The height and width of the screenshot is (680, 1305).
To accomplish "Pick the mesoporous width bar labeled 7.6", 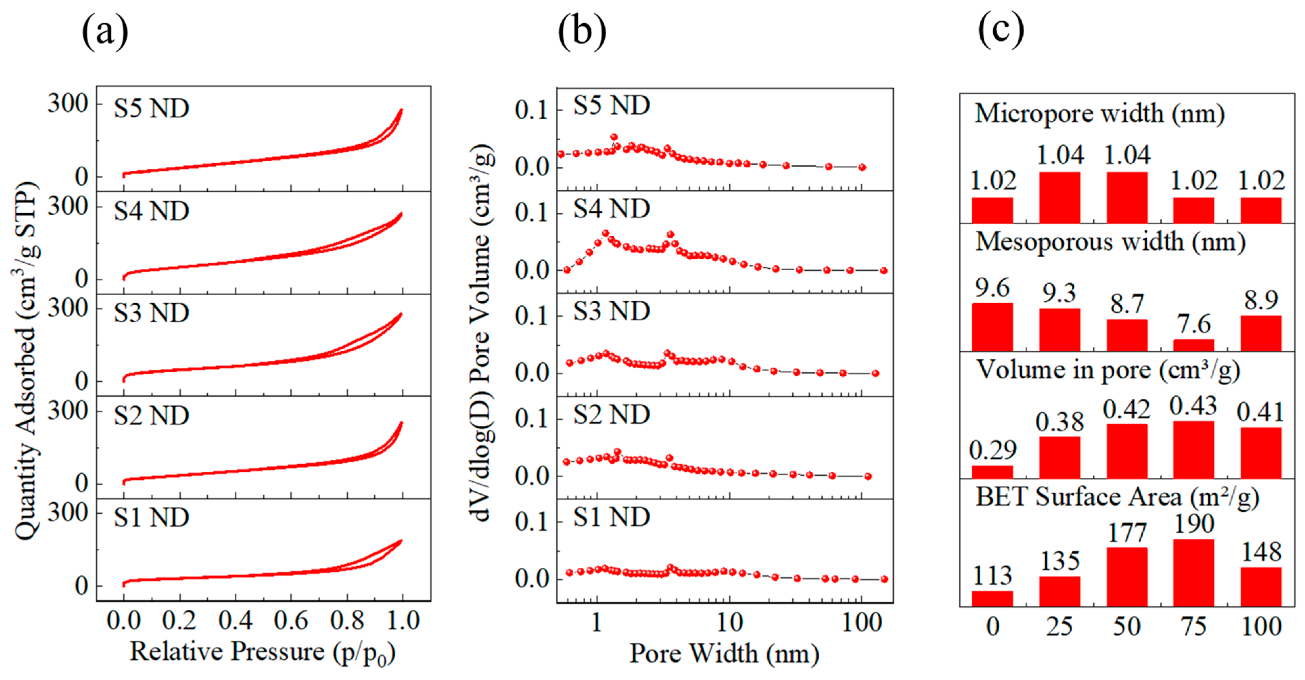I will (1193, 345).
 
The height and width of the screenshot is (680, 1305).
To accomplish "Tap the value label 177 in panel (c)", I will (1127, 533).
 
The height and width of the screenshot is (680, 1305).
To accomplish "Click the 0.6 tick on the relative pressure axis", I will (291, 621).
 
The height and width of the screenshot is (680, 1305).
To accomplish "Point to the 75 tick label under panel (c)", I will (1193, 627).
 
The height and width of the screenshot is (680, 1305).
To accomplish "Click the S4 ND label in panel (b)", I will (611, 208).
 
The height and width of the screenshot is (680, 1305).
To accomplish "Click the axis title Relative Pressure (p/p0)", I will (262, 652).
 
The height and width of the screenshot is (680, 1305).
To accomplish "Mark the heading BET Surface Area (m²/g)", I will (1117, 497).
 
